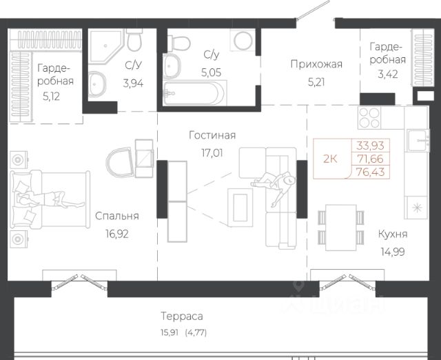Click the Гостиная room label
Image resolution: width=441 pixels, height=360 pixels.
[212, 135]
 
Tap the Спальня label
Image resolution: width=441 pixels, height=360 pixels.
[117, 216]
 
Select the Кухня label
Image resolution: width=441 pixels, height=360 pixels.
[393, 234]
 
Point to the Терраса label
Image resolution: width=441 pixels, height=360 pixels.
[182, 316]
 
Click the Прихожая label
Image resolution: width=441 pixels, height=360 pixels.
[316, 64]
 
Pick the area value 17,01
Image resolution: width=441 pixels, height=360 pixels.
[212, 153]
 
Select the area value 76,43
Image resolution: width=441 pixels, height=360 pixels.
[371, 172]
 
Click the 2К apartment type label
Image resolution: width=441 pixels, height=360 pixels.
[330, 159]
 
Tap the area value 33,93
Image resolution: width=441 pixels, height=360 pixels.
[371, 146]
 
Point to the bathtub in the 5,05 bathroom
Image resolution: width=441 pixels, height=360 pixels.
[195, 93]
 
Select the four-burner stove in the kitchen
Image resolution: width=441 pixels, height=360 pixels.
[369, 118]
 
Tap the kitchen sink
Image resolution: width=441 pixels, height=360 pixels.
[418, 140]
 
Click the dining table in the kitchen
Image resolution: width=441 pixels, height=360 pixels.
[341, 228]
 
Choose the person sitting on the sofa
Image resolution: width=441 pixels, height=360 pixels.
[274, 186]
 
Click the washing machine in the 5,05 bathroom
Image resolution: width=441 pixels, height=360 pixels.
[243, 40]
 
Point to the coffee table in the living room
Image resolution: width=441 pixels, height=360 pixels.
[240, 208]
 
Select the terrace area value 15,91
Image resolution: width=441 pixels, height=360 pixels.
[170, 332]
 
